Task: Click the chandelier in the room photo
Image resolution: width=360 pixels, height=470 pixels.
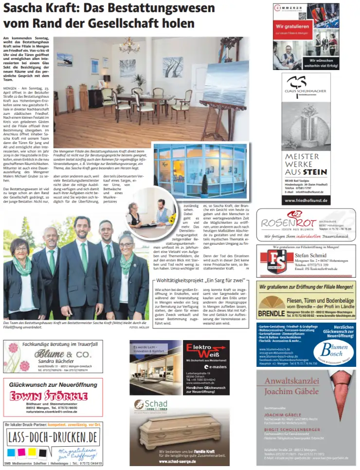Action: coord(129,47)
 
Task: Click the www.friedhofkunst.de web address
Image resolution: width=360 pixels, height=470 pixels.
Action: coord(306,200)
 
